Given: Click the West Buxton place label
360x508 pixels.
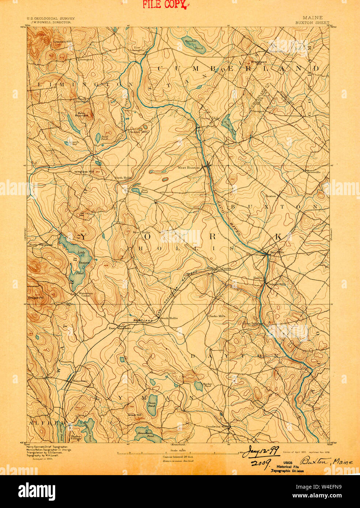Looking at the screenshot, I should (x=189, y=168).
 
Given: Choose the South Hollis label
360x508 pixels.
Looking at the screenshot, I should (x=169, y=318).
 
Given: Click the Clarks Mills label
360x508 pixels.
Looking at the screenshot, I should (x=217, y=316).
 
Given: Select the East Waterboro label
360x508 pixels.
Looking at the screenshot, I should (x=120, y=328).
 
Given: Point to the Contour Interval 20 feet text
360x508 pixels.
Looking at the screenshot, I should (x=178, y=457).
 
